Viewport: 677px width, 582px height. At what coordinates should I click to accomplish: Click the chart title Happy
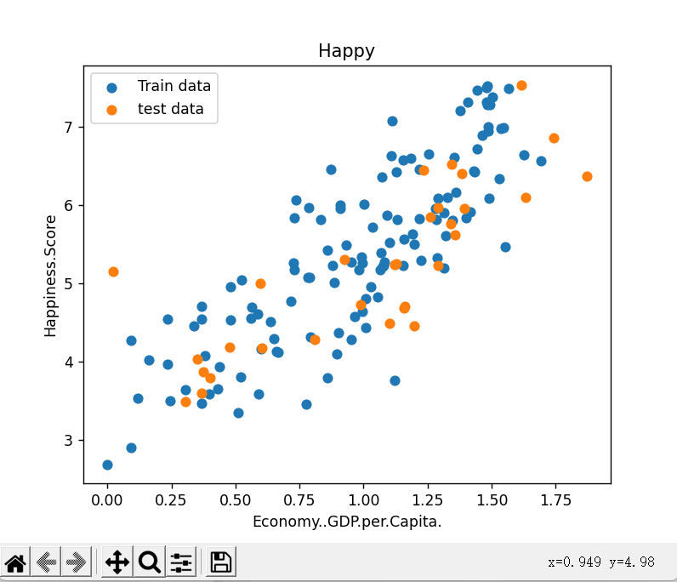(x=346, y=51)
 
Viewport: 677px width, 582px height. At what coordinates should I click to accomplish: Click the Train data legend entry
(x=174, y=85)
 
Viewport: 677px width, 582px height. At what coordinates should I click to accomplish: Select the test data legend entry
(x=170, y=109)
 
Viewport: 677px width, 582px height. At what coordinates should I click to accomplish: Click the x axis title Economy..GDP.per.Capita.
(x=347, y=522)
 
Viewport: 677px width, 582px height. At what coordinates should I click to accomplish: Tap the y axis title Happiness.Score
(x=51, y=276)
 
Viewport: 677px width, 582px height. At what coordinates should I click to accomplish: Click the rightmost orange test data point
(x=587, y=176)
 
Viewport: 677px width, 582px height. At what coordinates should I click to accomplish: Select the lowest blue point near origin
(x=107, y=465)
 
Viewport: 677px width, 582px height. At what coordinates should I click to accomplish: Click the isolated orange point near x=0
(x=113, y=271)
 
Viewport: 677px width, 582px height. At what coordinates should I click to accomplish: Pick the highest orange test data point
(x=521, y=85)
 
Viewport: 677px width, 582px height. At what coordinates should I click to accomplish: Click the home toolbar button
(x=16, y=562)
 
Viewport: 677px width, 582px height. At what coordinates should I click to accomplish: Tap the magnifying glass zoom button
(x=150, y=562)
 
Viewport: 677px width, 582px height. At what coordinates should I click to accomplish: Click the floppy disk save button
(x=221, y=562)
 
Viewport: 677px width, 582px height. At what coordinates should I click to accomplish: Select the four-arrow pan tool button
(x=117, y=562)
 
